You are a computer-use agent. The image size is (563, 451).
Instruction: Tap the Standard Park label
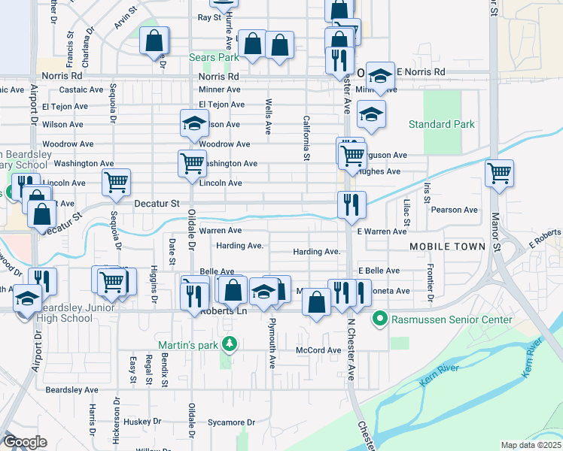[x=442, y=124]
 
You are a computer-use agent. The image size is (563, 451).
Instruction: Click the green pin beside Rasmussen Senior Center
[x=381, y=320]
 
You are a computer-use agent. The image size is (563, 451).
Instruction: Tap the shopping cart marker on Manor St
[x=499, y=173]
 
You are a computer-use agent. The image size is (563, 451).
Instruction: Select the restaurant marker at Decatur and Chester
[x=351, y=203]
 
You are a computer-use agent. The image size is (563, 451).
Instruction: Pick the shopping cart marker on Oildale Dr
[x=192, y=162]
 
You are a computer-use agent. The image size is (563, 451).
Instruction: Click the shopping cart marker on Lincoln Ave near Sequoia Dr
[x=116, y=181]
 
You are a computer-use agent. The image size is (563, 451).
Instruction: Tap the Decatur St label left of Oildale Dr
[x=157, y=203]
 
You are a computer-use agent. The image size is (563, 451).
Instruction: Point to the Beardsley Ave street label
[x=72, y=390]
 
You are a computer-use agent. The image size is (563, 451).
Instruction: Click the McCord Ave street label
[x=318, y=350]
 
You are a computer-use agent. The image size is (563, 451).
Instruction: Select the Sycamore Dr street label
[x=231, y=422]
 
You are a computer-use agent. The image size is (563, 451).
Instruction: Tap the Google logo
[x=25, y=442]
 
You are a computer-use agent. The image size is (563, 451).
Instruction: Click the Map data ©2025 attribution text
[x=530, y=445]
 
